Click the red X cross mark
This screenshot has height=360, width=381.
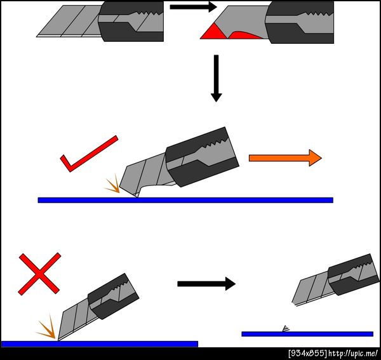39,274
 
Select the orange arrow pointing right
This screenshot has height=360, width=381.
285,158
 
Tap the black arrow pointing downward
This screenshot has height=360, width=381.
216,78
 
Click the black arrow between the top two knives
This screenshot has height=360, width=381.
193,7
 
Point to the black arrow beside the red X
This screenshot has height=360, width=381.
206,283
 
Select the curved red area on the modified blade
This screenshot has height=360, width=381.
245,36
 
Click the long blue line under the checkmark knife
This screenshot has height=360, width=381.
185,200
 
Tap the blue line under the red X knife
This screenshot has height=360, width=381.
100,344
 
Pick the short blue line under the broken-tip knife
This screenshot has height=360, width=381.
307,334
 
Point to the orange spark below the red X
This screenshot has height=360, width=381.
48,328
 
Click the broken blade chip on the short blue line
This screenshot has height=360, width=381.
286,329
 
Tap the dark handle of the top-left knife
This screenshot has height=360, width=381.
131,21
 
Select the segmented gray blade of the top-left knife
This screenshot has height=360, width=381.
69,22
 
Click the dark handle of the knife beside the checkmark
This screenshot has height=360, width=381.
203,157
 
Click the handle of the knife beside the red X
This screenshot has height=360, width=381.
114,297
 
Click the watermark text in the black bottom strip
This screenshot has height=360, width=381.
333,354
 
